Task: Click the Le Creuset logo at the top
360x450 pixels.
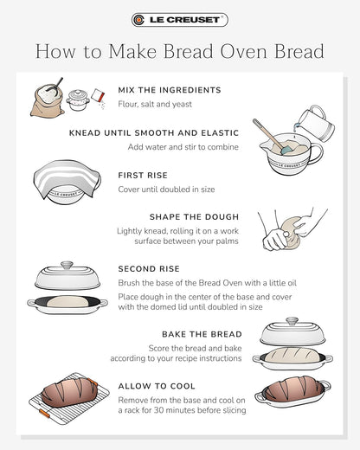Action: click(x=180, y=20)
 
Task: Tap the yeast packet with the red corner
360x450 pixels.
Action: click(x=98, y=96)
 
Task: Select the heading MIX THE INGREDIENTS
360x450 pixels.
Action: click(x=170, y=90)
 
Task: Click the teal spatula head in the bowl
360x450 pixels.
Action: click(x=286, y=150)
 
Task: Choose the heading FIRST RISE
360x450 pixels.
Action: click(x=143, y=176)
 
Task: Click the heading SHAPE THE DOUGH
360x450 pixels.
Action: click(x=194, y=217)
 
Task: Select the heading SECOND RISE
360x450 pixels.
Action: click(x=149, y=269)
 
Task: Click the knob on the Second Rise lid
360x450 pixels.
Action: click(x=67, y=265)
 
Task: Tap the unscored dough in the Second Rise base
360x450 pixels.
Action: click(x=67, y=302)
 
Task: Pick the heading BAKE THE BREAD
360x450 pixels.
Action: click(x=202, y=334)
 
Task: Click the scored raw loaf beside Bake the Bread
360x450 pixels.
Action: click(x=292, y=355)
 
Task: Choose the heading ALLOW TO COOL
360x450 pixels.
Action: click(x=157, y=386)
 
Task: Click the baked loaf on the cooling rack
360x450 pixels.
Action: click(x=69, y=392)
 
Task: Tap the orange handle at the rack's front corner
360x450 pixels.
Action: click(x=44, y=413)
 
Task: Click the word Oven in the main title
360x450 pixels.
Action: click(x=243, y=52)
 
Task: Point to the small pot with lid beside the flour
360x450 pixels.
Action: click(x=77, y=100)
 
